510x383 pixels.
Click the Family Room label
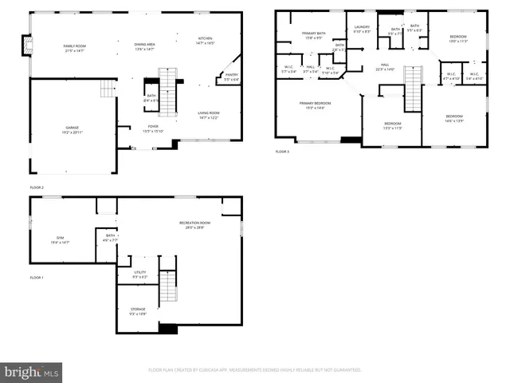(74, 48)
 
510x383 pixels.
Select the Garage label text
(73, 129)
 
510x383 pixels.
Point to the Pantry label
(231, 77)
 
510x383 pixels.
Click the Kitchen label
(206, 41)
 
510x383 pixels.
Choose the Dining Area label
(144, 45)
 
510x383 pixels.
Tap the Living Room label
(209, 115)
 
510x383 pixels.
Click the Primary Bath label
(310, 35)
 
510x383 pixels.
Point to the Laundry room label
(362, 29)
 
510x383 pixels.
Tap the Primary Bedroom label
(315, 105)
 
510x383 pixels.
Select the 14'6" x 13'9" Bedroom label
(453, 118)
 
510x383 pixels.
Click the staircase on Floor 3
(412, 89)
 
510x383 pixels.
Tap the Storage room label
(138, 311)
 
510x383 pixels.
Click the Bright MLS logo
(31, 372)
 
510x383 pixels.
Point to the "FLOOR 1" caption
(37, 277)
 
